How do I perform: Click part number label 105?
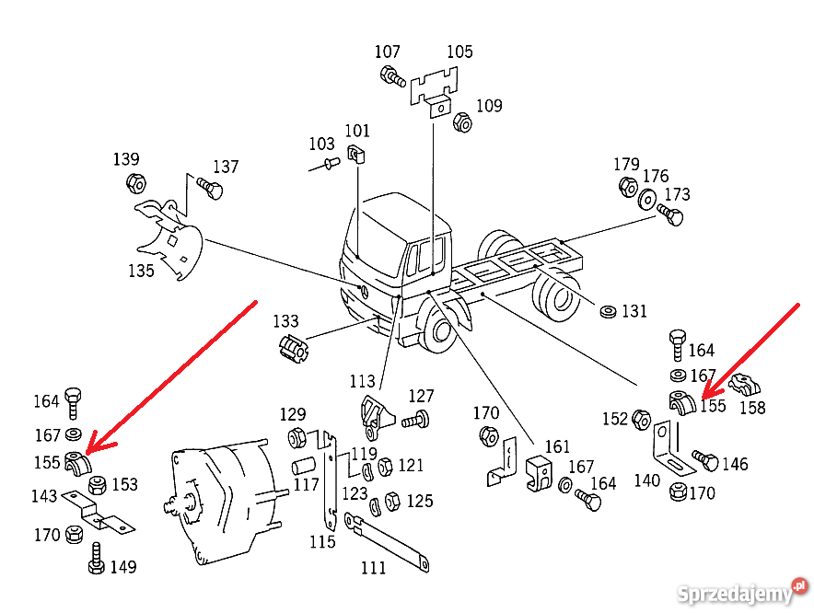[x=459, y=52]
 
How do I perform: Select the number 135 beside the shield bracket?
[x=142, y=271]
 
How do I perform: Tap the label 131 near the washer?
[x=634, y=311]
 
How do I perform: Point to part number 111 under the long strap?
[x=373, y=568]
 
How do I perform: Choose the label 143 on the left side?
[x=44, y=496]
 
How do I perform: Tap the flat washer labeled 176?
[x=647, y=198]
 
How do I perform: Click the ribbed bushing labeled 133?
[x=292, y=350]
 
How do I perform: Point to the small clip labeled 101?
[x=356, y=154]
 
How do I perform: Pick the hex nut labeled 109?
[x=463, y=122]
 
